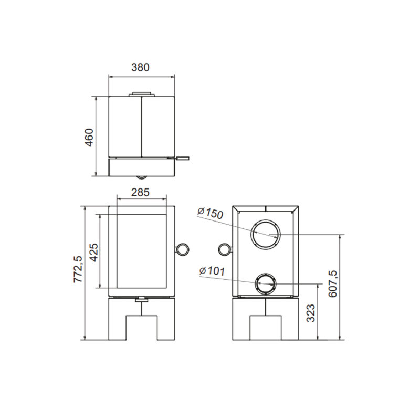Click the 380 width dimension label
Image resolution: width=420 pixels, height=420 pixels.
[x=140, y=67]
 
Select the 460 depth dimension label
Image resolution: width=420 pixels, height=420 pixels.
[x=89, y=138]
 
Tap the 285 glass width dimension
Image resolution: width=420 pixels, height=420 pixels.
[x=140, y=192]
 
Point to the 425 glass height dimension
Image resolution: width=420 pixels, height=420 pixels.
[x=94, y=252]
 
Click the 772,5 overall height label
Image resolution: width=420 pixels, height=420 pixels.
[x=79, y=269]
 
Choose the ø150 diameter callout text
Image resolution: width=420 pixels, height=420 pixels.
[x=211, y=213]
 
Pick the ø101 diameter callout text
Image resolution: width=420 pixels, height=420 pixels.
[x=212, y=271]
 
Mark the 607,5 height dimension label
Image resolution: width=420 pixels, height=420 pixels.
[x=333, y=284]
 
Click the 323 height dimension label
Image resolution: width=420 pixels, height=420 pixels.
[x=311, y=313]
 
